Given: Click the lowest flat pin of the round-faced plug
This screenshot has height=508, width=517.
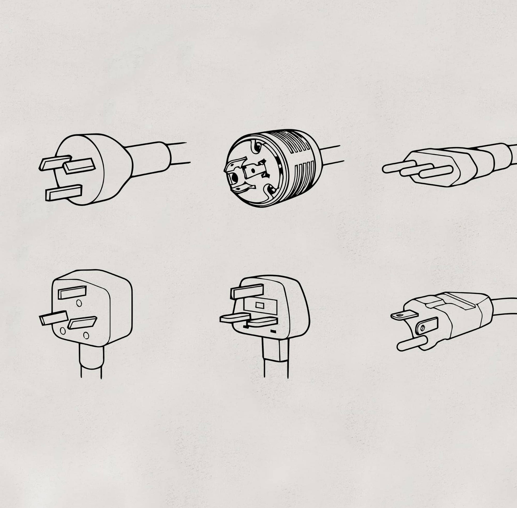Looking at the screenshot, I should coord(63,192).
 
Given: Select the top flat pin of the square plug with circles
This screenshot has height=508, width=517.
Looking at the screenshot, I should coord(72,292).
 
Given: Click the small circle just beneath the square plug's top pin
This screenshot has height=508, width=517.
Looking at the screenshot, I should coord(79,303).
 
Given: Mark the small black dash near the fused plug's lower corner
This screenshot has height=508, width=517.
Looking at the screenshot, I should coord(273,332).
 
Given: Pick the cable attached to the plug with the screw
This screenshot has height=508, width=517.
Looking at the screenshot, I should coord(505,306).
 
